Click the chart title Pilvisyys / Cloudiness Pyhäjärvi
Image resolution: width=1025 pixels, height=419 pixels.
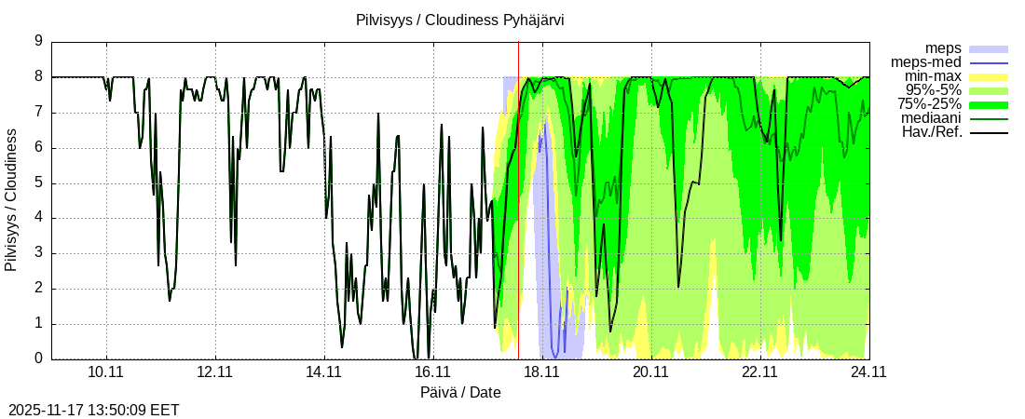(459, 20)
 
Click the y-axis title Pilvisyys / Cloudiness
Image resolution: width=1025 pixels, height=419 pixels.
(11, 200)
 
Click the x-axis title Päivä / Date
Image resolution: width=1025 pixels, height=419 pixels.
(460, 392)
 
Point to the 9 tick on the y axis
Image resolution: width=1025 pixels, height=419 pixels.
(39, 41)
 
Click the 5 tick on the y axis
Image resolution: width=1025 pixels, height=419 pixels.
(39, 182)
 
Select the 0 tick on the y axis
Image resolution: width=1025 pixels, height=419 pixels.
(39, 358)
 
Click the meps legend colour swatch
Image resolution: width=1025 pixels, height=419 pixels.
(989, 48)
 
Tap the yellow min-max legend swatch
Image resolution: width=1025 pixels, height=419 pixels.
(989, 76)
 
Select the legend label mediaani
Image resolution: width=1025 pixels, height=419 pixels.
(932, 118)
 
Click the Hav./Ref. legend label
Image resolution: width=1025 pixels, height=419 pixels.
(932, 132)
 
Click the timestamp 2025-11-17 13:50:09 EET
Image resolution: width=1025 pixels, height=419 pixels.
(93, 410)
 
